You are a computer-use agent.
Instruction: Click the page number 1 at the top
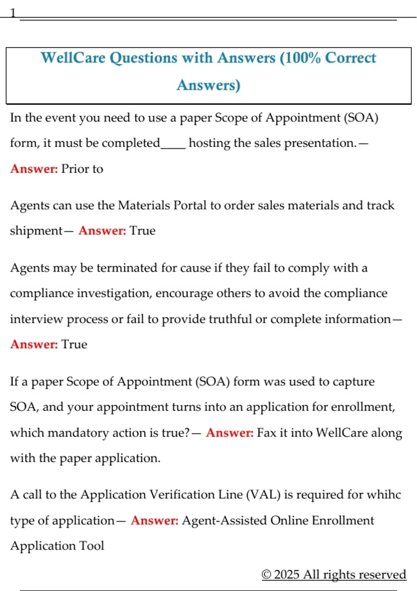tap(13, 13)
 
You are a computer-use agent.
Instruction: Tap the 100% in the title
tap(301, 58)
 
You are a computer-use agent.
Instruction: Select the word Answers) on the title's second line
tap(208, 85)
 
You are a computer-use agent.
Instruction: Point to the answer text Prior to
tap(82, 169)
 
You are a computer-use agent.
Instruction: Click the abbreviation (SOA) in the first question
tap(361, 118)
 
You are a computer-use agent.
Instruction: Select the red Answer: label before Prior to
tap(34, 169)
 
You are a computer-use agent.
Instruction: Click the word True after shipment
tap(142, 231)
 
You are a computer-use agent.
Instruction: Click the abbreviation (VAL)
tap(263, 495)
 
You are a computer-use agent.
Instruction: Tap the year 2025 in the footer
tap(287, 574)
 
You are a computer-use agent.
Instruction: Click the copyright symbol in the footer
tap(266, 574)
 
